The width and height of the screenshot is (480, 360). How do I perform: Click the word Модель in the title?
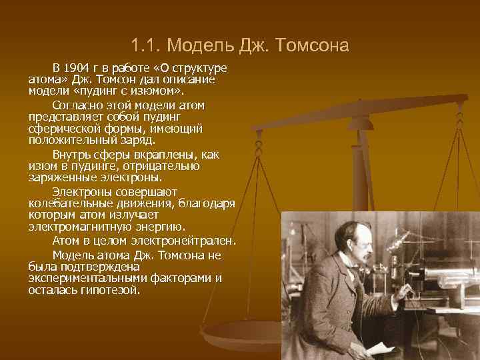pyautogui.click(x=196, y=46)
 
